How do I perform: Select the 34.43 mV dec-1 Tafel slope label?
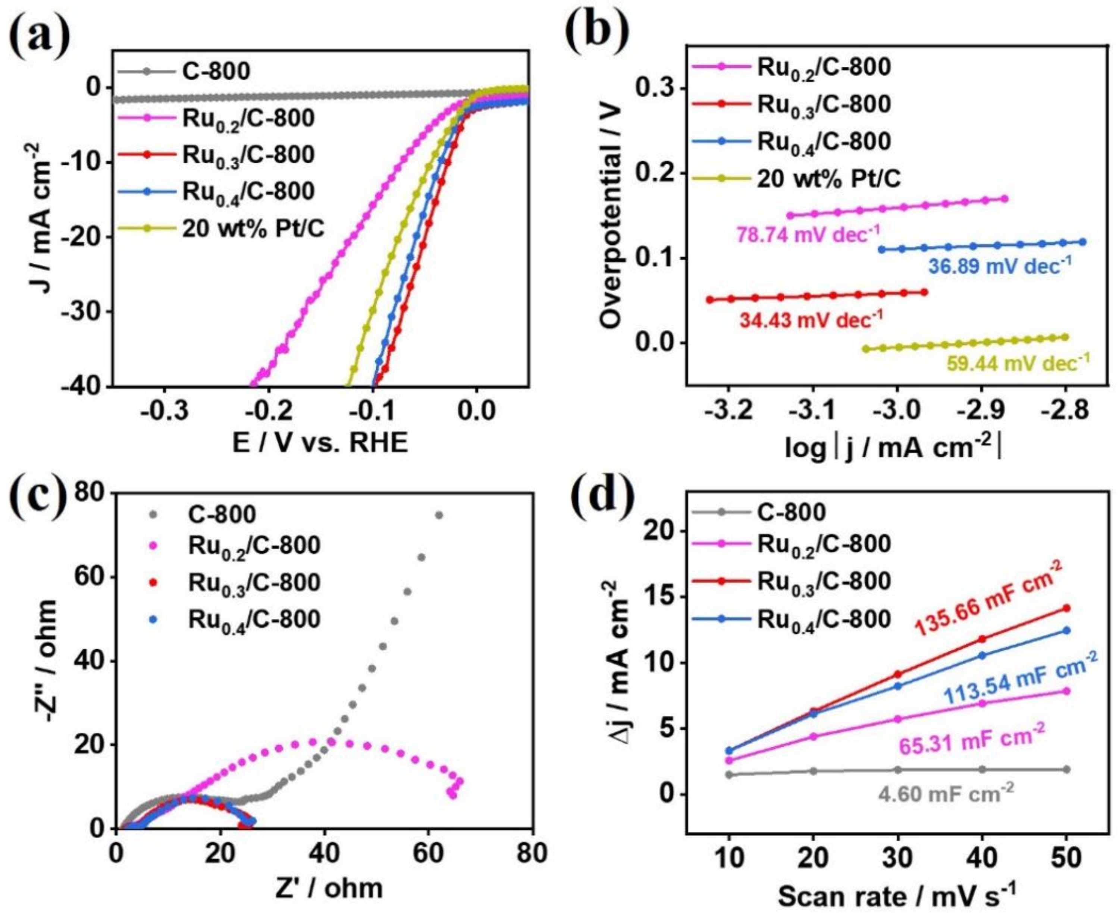click(x=811, y=319)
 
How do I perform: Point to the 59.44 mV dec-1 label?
click(x=1018, y=363)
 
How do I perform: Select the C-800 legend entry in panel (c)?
click(x=222, y=514)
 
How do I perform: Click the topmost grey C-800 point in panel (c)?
click(x=438, y=515)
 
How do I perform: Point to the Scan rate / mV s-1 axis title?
click(x=896, y=896)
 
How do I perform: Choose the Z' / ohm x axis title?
click(x=328, y=888)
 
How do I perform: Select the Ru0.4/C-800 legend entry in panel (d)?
click(x=824, y=619)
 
